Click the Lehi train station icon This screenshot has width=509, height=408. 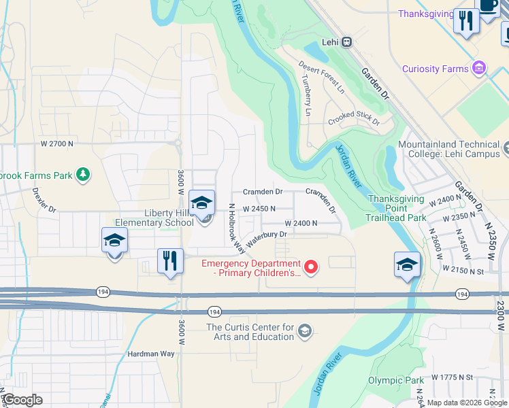346,41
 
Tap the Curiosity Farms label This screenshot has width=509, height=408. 435,69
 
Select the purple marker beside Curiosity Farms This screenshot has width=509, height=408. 480,68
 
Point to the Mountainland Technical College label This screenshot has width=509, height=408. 448,149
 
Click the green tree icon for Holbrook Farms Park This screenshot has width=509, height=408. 83,175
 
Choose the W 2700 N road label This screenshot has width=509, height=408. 57,144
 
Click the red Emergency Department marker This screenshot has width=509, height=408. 310,267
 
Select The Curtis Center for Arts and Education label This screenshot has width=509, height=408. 250,332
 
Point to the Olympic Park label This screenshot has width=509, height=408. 391,380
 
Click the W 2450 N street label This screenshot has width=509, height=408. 259,209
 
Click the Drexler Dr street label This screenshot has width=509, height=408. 44,202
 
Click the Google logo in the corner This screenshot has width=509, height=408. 22,400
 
